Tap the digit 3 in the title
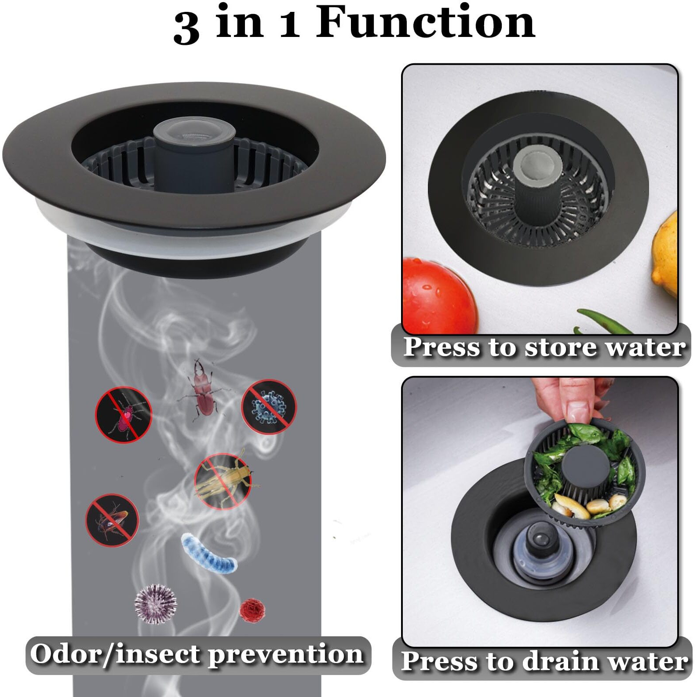186,27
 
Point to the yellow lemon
666,255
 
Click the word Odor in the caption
66,654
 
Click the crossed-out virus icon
269,407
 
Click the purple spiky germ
155,603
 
